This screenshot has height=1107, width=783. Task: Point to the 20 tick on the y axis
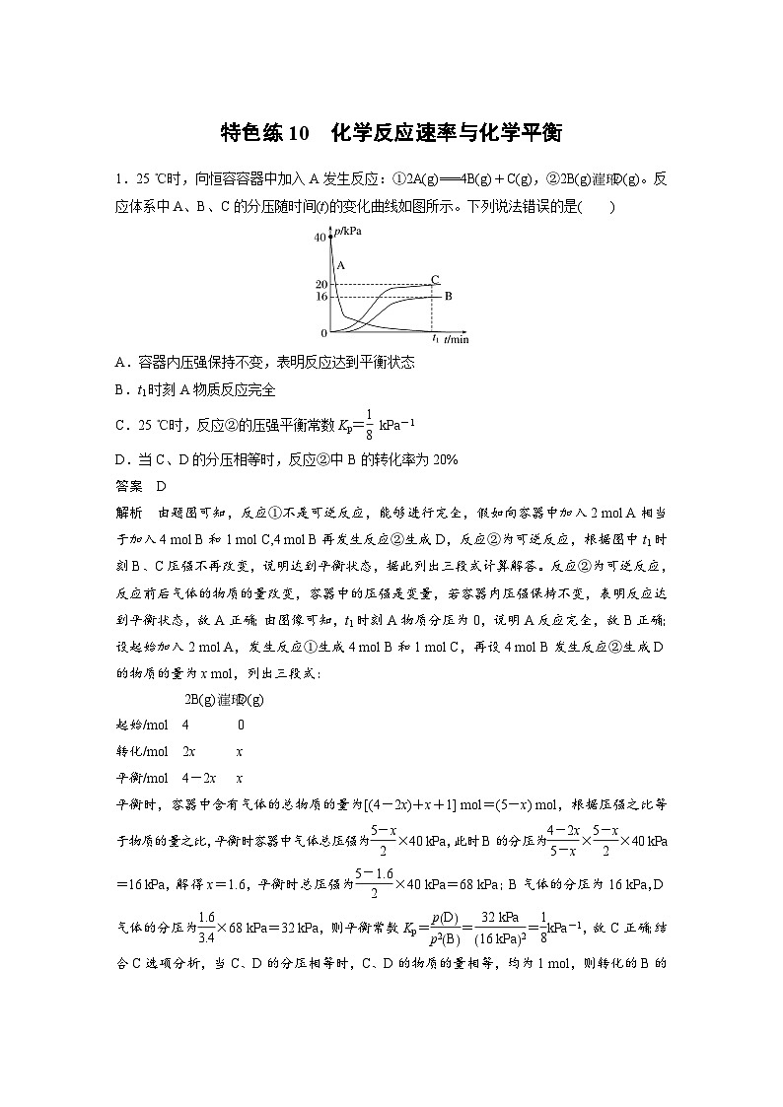click(x=320, y=284)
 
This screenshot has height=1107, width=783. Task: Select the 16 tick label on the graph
click(x=320, y=297)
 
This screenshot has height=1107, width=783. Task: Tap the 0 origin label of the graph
click(x=323, y=333)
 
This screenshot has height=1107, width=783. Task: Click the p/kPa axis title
click(x=347, y=231)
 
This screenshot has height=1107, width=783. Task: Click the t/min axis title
click(x=456, y=339)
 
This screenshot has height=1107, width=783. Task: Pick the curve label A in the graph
click(x=340, y=266)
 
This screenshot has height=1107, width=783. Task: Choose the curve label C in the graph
click(x=434, y=279)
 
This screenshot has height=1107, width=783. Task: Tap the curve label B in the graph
click(x=448, y=296)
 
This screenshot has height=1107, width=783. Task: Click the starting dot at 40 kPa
click(x=331, y=238)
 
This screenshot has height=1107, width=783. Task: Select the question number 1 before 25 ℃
click(x=118, y=178)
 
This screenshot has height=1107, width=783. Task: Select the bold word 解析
click(x=129, y=511)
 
